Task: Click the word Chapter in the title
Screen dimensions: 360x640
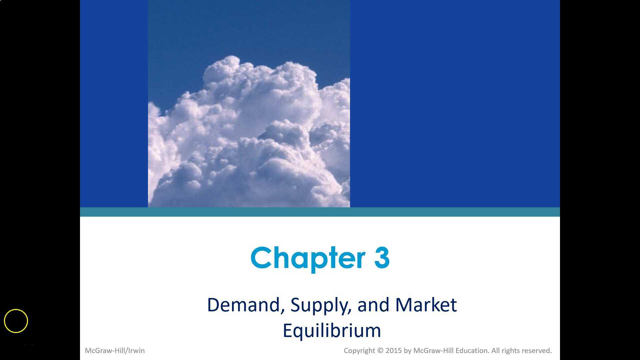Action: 308,258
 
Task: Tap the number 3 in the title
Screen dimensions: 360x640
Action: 382,258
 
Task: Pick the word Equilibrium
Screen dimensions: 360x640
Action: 332,331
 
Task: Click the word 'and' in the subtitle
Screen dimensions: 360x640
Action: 373,305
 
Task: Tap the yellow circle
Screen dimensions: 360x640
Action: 16,321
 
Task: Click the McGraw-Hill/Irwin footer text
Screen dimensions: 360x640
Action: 115,351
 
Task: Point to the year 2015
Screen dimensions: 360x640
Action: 394,351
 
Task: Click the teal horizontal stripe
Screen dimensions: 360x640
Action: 320,212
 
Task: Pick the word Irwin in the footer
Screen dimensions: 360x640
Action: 136,351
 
